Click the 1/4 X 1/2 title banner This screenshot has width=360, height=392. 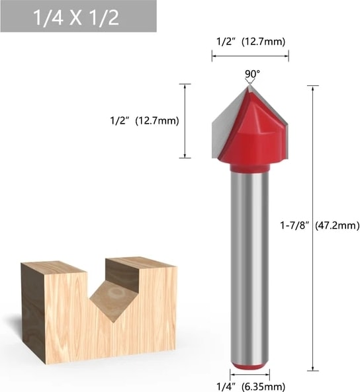pos(78,17)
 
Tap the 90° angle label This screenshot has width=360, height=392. pos(252,74)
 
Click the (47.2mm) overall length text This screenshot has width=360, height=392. pos(337,226)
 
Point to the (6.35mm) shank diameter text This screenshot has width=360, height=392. pos(263,387)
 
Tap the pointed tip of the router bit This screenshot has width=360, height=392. pos(249,85)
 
